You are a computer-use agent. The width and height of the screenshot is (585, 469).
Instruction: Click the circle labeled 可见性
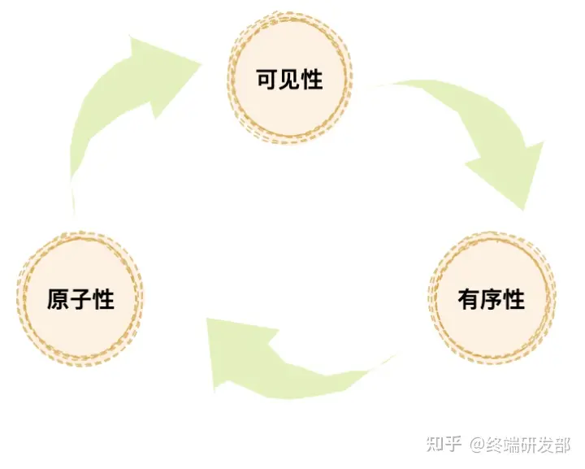[x=290, y=80]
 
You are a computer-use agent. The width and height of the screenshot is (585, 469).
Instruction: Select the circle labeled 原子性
[x=80, y=298]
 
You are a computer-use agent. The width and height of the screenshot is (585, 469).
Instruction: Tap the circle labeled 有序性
[x=492, y=298]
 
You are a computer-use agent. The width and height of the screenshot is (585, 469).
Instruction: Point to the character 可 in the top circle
[x=267, y=80]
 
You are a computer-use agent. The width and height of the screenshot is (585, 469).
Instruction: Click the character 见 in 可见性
[x=290, y=80]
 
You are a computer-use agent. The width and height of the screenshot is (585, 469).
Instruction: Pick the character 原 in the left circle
[x=58, y=299]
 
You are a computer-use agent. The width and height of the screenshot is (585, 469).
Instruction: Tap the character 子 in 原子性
[x=80, y=299]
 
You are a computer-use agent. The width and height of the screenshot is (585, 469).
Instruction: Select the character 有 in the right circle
[x=469, y=299]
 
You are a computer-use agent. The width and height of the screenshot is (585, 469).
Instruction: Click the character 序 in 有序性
[x=492, y=299]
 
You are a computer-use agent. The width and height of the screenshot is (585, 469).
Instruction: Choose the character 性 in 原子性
[x=103, y=299]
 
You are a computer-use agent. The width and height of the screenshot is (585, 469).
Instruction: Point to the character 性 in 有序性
[x=514, y=299]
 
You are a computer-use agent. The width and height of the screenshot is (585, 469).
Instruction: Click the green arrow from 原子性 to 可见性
[x=114, y=114]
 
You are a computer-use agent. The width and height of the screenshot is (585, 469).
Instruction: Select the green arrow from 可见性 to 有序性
[x=471, y=130]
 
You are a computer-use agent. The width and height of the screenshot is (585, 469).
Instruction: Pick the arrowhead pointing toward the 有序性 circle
[x=512, y=175]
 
